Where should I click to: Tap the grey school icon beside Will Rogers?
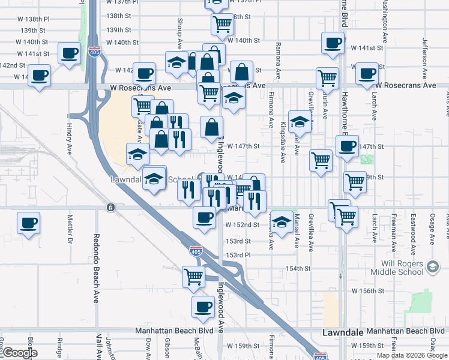431,267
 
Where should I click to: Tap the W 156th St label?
367,290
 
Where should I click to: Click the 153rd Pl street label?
238,255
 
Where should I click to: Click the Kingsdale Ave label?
283,142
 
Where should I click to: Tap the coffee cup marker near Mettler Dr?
28,223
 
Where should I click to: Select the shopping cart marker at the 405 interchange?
194,277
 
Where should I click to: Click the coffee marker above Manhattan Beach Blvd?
203,307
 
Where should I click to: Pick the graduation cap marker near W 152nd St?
281,222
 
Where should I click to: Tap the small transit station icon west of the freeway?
111,208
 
